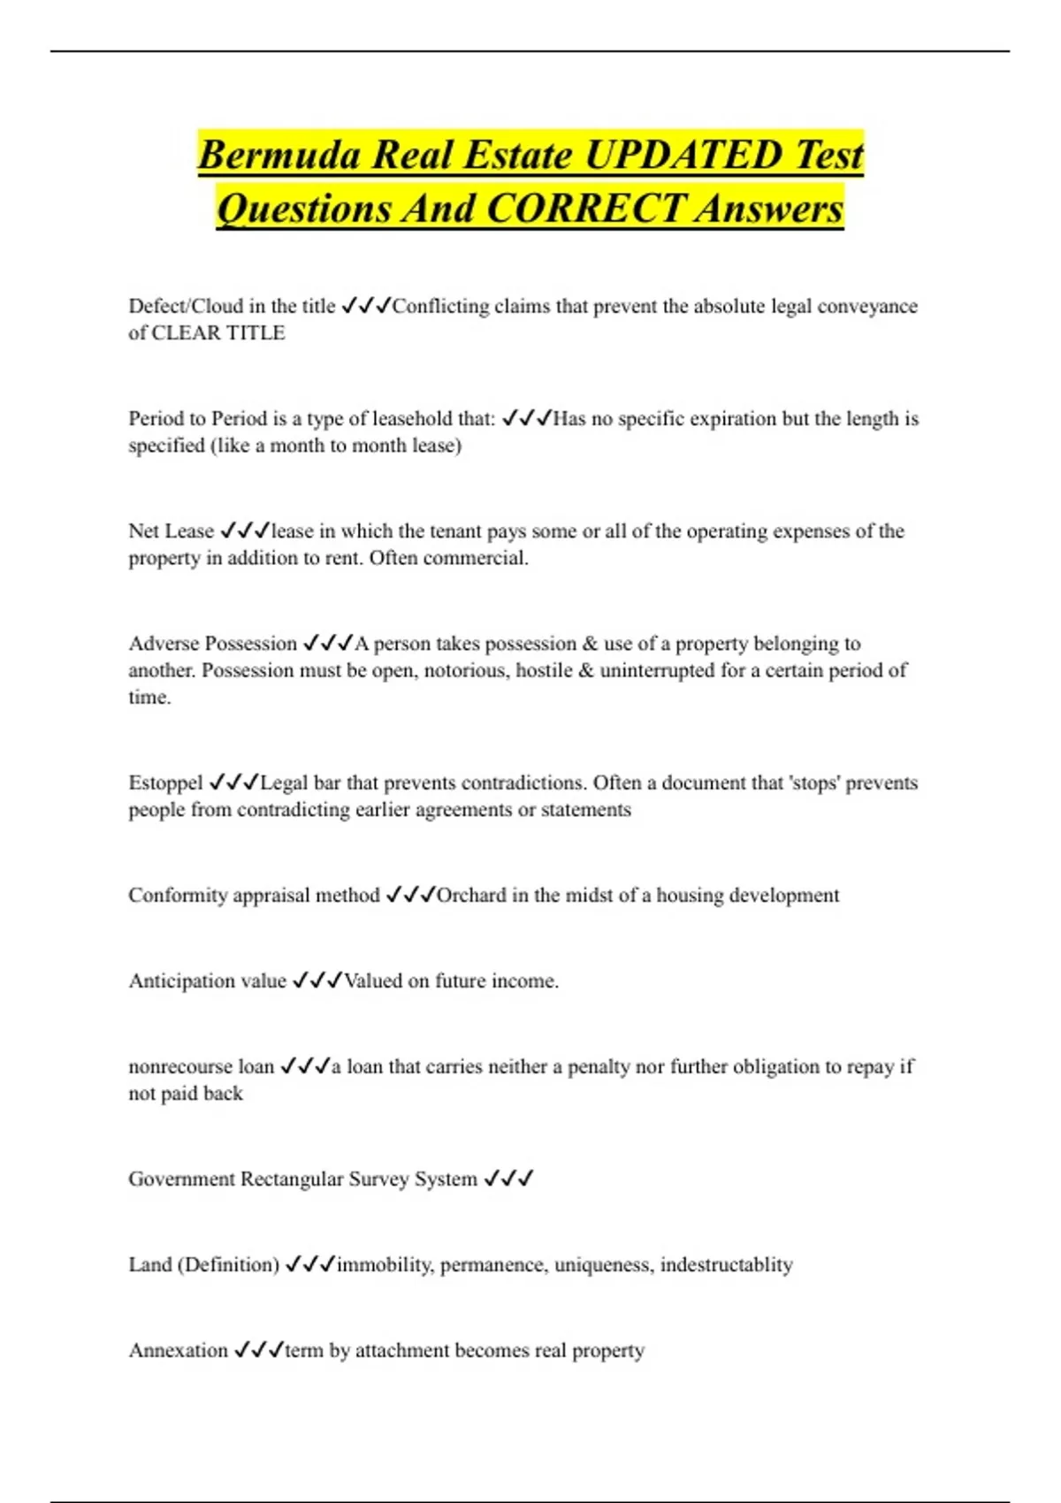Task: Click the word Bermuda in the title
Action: tap(279, 156)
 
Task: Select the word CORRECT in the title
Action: tap(584, 210)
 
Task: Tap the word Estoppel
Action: tap(165, 782)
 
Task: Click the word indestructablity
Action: tap(726, 1264)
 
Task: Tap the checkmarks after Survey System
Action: tap(508, 1179)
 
